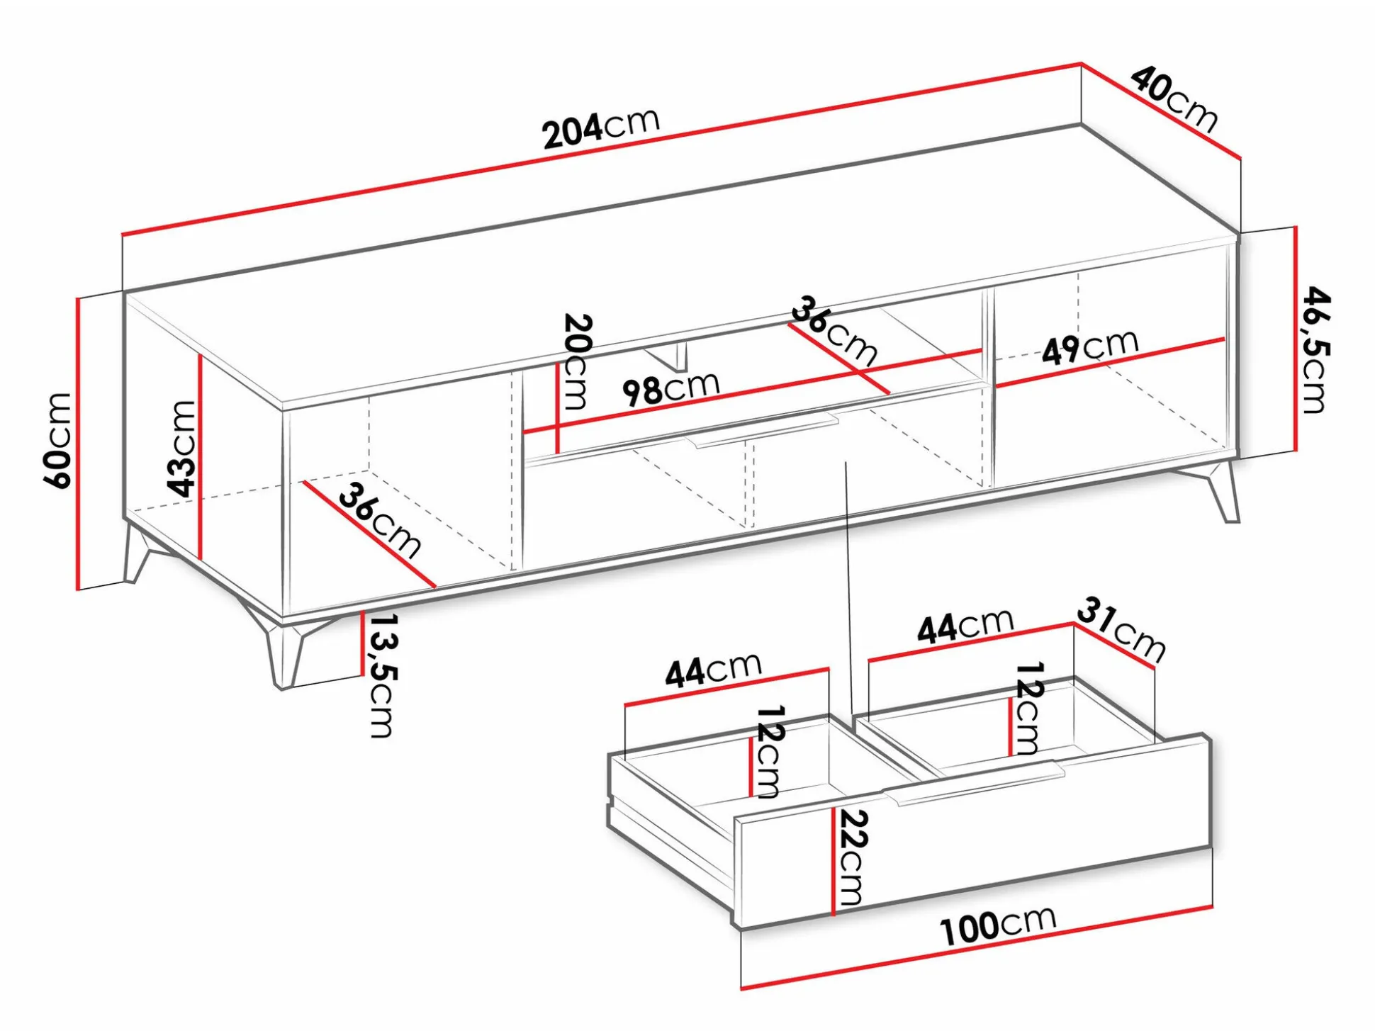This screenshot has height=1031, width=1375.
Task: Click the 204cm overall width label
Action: click(601, 128)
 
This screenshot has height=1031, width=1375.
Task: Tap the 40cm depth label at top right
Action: click(1174, 99)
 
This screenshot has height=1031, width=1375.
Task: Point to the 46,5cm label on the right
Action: click(1317, 349)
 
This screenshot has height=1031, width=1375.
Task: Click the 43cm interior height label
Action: click(181, 448)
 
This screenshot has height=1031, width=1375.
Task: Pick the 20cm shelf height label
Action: click(576, 361)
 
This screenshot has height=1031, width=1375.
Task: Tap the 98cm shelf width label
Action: click(670, 388)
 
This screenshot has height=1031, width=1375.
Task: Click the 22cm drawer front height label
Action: click(852, 857)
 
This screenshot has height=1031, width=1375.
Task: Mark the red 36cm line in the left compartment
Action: click(369, 534)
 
